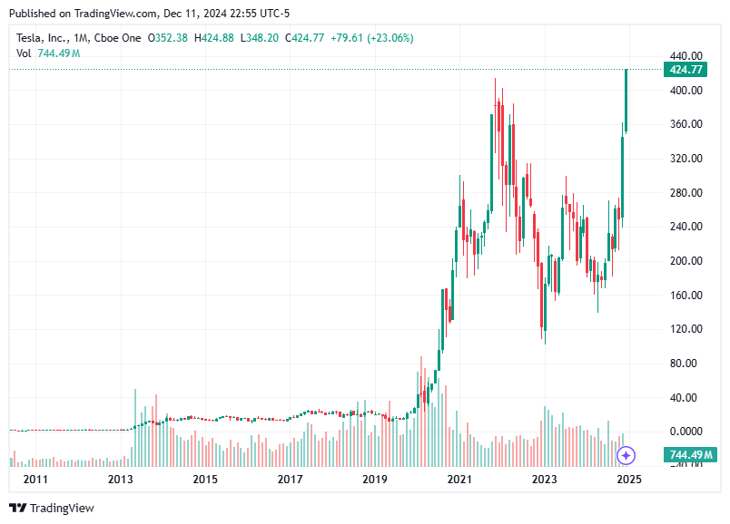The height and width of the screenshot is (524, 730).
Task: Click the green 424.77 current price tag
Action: coord(687,69)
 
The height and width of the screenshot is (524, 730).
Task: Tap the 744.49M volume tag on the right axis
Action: coord(691,454)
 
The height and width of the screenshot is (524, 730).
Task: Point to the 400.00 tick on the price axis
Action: coord(686,91)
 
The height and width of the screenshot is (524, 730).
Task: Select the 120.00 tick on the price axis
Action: coord(686,329)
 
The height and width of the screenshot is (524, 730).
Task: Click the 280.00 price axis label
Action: coord(686,193)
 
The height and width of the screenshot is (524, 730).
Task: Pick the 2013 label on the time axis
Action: coord(121,479)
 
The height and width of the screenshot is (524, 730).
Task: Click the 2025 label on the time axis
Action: coord(628,479)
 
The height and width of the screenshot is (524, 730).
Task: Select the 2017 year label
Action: coord(290,479)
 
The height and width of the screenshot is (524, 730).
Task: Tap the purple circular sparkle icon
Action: coord(626,455)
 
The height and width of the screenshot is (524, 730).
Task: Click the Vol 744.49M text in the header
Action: coord(48,53)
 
